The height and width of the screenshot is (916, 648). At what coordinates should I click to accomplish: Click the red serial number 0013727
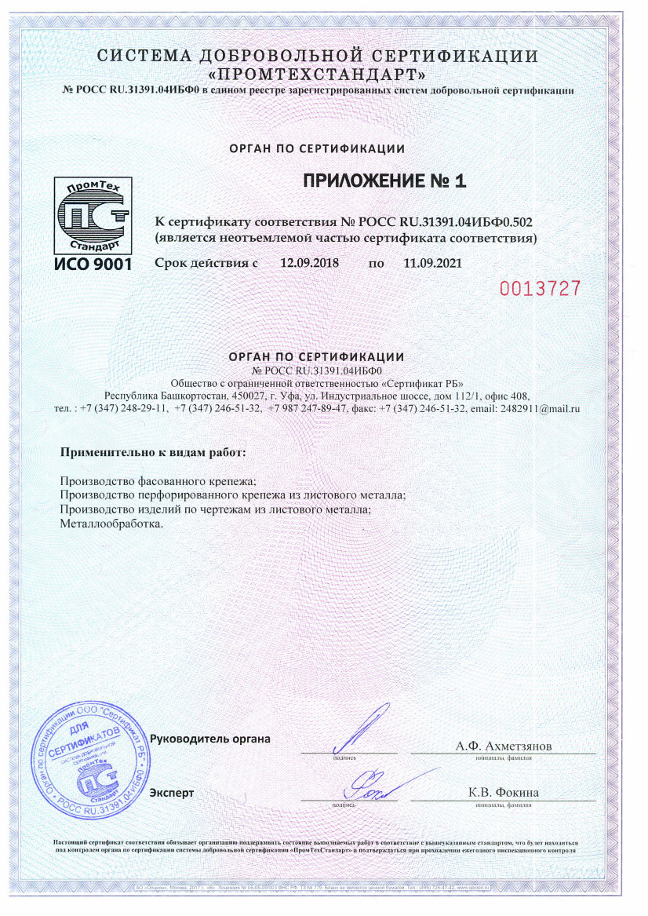pos(541,288)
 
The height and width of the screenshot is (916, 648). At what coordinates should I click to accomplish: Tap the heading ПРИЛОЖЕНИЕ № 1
pos(384,181)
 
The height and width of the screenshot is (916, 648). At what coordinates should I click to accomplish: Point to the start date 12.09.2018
pos(309,263)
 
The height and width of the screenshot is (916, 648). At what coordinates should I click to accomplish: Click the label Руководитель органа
pos(209,739)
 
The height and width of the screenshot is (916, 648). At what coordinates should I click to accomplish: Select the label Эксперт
pos(172,793)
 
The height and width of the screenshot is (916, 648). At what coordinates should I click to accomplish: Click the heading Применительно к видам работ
pos(153,453)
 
